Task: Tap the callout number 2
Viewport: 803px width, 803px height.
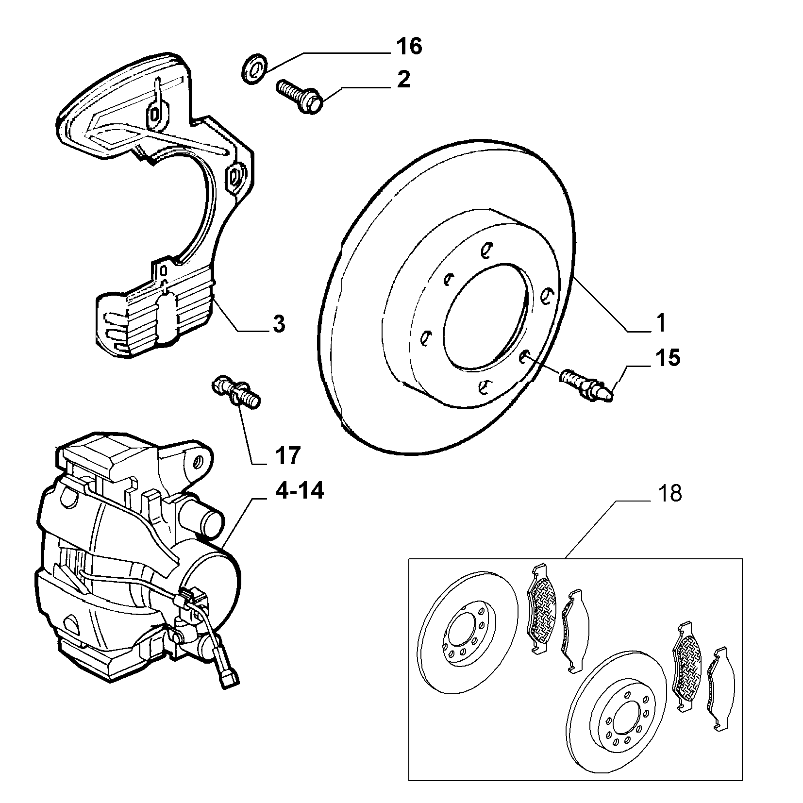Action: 403,79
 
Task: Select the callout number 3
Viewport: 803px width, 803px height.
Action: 278,324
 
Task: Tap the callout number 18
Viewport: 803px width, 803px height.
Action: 670,493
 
